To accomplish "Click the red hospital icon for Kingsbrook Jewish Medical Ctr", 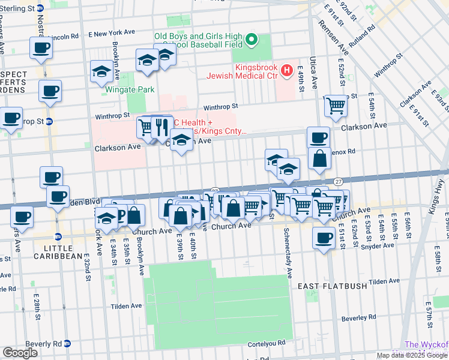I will (287, 71).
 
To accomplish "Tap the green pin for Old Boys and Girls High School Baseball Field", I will (252, 41).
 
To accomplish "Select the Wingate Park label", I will (130, 89).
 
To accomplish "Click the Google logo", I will (20, 353).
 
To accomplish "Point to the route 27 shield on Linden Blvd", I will (339, 181).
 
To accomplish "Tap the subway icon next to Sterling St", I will (40, 8).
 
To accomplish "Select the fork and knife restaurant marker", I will (161, 127).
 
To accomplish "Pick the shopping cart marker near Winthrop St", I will (336, 106).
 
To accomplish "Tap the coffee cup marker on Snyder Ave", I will (324, 238).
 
